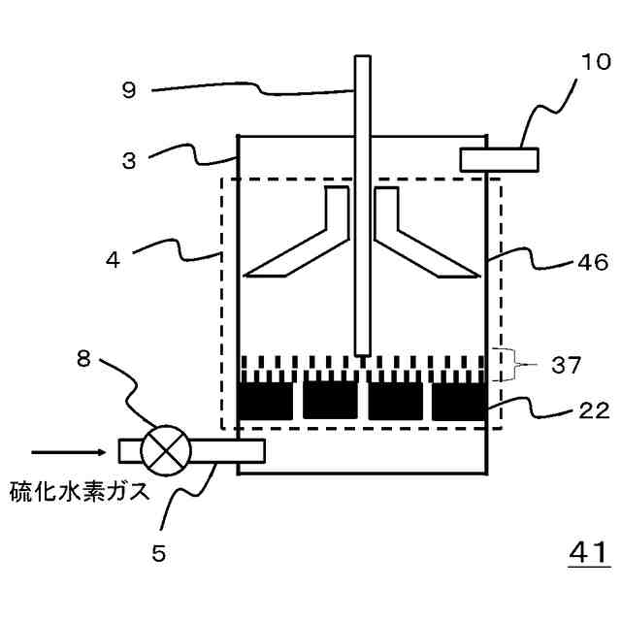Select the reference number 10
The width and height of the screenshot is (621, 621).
pos(597,63)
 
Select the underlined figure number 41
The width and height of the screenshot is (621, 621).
pos(588,553)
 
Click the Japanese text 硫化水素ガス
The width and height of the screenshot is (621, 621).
pos(80,491)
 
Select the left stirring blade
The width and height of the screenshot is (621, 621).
pos(301,238)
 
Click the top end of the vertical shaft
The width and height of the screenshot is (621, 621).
pos(362,60)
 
